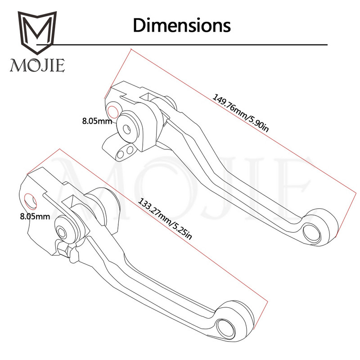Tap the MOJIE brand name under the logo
(38, 66)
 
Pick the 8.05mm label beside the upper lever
(96, 121)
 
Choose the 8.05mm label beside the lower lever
(35, 217)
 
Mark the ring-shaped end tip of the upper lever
(313, 230)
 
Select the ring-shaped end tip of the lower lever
(225, 327)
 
